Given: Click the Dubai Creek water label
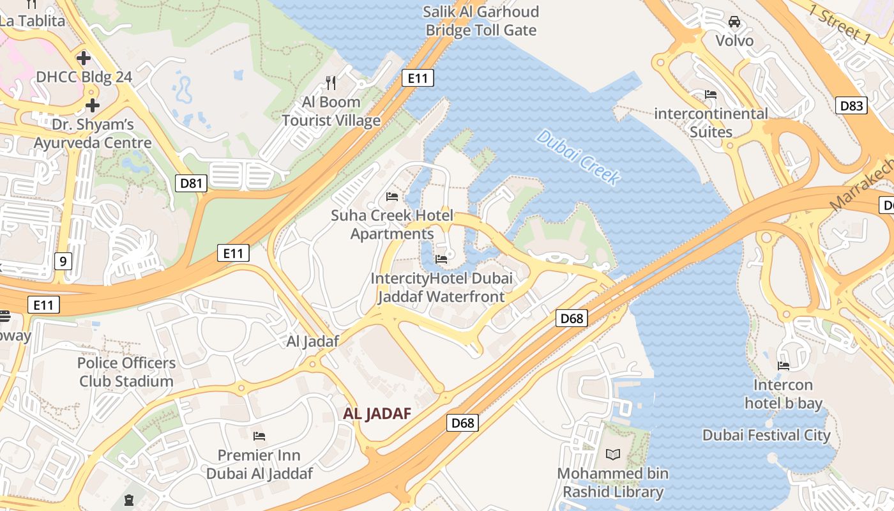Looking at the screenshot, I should (x=579, y=157).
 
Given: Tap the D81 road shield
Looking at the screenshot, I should (x=191, y=184).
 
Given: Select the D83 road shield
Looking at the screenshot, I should (x=851, y=105).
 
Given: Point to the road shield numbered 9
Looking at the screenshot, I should (x=63, y=261).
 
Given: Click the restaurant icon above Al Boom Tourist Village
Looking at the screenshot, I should (x=331, y=82).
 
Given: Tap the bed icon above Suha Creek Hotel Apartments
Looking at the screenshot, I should (x=392, y=196).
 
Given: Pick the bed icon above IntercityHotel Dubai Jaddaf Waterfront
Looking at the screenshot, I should (x=441, y=259).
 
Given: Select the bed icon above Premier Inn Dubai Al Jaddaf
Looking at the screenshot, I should (x=259, y=436).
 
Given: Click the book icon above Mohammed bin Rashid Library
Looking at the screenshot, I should (x=612, y=454).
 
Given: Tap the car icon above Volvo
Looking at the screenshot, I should (x=734, y=22).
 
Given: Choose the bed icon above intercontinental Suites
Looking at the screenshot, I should (x=711, y=95).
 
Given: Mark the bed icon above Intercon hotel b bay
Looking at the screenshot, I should (x=783, y=366).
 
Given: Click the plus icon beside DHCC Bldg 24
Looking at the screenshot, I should (x=83, y=58).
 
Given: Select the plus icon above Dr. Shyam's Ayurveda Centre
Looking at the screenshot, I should (x=93, y=105).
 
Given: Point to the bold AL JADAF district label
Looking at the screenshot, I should (x=377, y=413).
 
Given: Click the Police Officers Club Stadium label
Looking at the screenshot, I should (x=126, y=372).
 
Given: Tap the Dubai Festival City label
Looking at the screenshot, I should (x=766, y=436).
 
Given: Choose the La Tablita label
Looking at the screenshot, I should (x=32, y=20).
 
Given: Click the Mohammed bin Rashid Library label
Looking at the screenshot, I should (x=613, y=483).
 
